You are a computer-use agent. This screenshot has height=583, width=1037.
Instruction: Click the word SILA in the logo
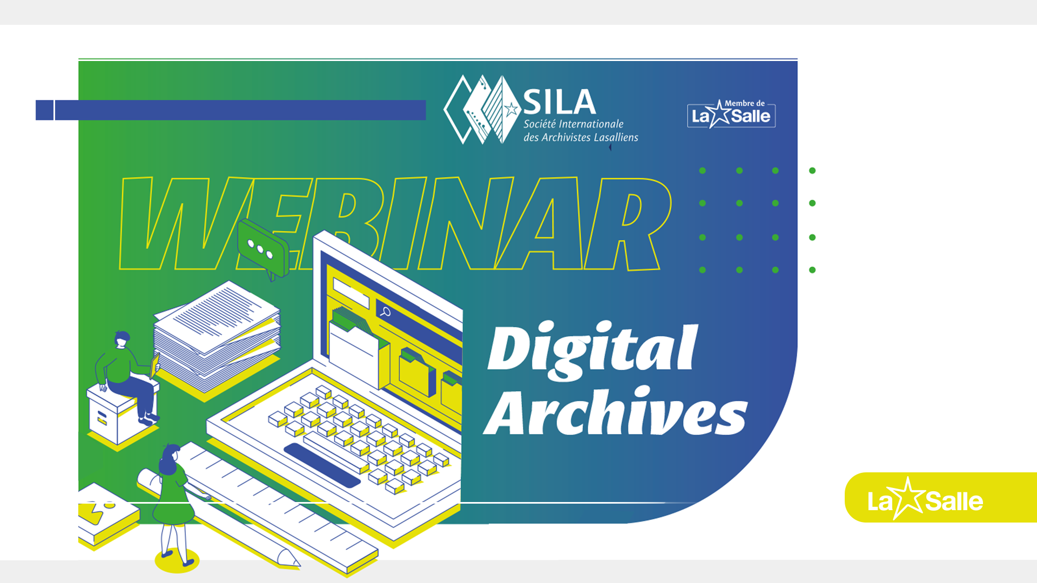click(560, 102)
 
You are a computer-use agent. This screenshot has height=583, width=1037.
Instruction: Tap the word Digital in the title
click(592, 350)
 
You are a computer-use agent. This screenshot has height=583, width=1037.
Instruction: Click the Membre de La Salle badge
click(731, 114)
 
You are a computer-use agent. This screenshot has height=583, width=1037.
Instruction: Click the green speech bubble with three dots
click(263, 249)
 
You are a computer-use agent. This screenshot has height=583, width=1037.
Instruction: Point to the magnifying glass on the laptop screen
click(386, 311)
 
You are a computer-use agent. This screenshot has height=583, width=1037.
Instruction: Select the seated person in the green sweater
click(127, 376)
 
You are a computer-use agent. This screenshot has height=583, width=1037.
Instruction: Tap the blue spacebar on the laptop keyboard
click(322, 465)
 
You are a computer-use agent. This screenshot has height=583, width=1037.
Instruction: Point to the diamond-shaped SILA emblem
click(482, 110)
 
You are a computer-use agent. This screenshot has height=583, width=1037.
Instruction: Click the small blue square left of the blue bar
click(44, 110)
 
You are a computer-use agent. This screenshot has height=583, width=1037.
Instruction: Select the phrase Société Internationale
click(573, 124)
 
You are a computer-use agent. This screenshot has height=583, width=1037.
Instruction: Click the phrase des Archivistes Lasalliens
click(581, 137)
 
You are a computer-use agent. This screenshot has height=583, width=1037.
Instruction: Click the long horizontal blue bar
click(240, 110)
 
